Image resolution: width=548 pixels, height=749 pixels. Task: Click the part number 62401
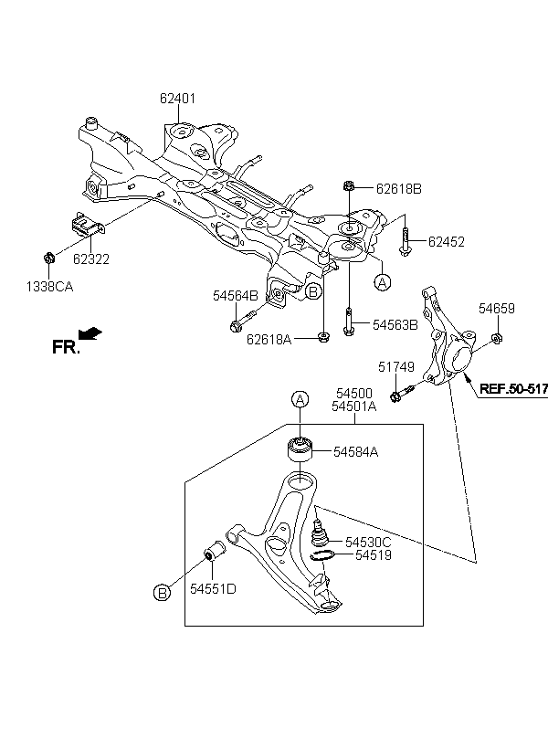click(x=177, y=99)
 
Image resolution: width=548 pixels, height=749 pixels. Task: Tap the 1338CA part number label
click(x=49, y=287)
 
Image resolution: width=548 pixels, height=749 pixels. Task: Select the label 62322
click(x=91, y=258)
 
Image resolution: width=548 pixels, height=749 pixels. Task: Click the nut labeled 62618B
click(x=349, y=185)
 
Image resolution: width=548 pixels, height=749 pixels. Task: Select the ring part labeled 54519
click(x=321, y=555)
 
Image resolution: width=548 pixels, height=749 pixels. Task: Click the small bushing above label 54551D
click(x=215, y=552)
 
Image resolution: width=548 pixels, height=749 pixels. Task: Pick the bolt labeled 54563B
click(x=349, y=322)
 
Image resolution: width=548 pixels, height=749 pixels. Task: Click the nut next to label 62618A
click(x=323, y=338)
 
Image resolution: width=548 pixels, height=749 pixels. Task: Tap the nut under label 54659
click(x=496, y=339)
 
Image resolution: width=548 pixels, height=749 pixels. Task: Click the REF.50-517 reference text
click(x=513, y=388)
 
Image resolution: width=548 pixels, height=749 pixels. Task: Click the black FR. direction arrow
click(x=90, y=333)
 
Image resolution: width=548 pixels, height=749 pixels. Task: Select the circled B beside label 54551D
click(x=162, y=593)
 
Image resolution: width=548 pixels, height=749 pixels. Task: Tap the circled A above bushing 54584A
click(x=300, y=399)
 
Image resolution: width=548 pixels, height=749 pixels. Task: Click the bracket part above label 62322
click(x=87, y=225)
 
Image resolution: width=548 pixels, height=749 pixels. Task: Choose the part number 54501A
click(x=354, y=406)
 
